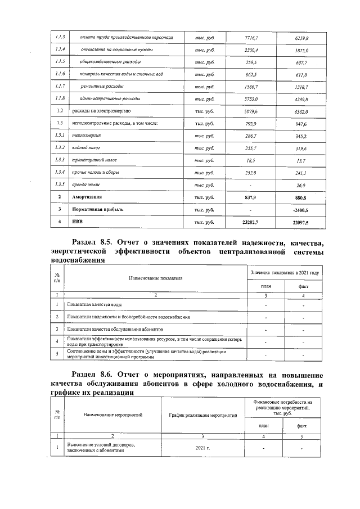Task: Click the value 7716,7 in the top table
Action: coord(251,38)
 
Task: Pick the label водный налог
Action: coord(82,148)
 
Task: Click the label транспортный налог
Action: coord(89,160)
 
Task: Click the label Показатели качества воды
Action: coord(94,304)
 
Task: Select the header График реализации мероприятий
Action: coord(203,415)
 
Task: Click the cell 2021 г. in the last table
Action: coord(200,448)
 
